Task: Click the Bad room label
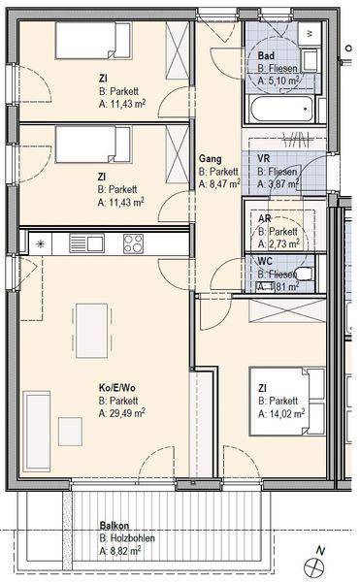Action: [266, 56]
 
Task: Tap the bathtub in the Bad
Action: [282, 109]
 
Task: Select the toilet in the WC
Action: [305, 274]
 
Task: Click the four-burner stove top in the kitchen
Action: [133, 243]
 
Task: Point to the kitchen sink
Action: [86, 243]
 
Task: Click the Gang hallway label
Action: [210, 158]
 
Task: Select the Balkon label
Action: [115, 526]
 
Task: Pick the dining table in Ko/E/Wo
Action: [91, 331]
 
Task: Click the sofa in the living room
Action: [36, 431]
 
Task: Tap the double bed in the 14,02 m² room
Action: [287, 401]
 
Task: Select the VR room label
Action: [264, 158]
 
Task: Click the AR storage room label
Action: [264, 218]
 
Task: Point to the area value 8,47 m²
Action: [219, 183]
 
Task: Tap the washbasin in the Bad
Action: [310, 60]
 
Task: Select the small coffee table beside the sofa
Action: [71, 432]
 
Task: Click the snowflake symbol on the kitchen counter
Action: [40, 243]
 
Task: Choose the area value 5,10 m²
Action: [278, 81]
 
